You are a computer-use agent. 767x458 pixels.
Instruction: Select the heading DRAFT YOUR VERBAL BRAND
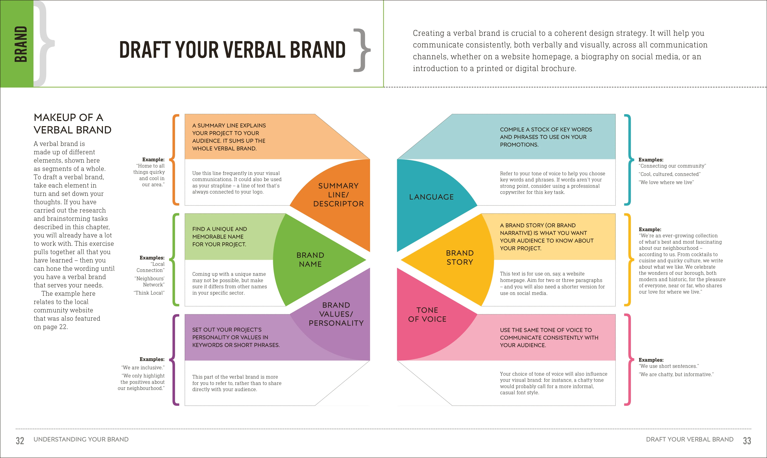pyautogui.click(x=232, y=50)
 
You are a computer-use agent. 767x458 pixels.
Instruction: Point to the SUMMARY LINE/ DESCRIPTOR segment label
pyautogui.click(x=338, y=195)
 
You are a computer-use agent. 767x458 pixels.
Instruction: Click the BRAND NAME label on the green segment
pyautogui.click(x=310, y=260)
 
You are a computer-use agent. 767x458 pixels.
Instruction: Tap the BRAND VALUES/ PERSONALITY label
pyautogui.click(x=336, y=314)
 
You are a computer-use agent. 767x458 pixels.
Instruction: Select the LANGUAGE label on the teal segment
pyautogui.click(x=431, y=197)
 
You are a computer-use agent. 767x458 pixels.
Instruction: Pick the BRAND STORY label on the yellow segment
pyautogui.click(x=460, y=257)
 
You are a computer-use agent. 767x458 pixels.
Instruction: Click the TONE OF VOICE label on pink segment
pyautogui.click(x=427, y=315)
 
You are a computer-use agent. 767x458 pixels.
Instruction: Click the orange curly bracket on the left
pyautogui.click(x=175, y=160)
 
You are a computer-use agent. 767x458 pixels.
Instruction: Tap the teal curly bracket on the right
pyautogui.click(x=628, y=160)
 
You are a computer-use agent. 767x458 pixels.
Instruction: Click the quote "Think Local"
pyautogui.click(x=149, y=293)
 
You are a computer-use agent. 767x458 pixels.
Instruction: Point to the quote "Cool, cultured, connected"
pyautogui.click(x=669, y=174)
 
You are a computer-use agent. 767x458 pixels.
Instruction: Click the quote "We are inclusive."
pyautogui.click(x=143, y=368)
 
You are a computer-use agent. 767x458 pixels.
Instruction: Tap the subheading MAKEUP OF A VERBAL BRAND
pyautogui.click(x=73, y=123)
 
